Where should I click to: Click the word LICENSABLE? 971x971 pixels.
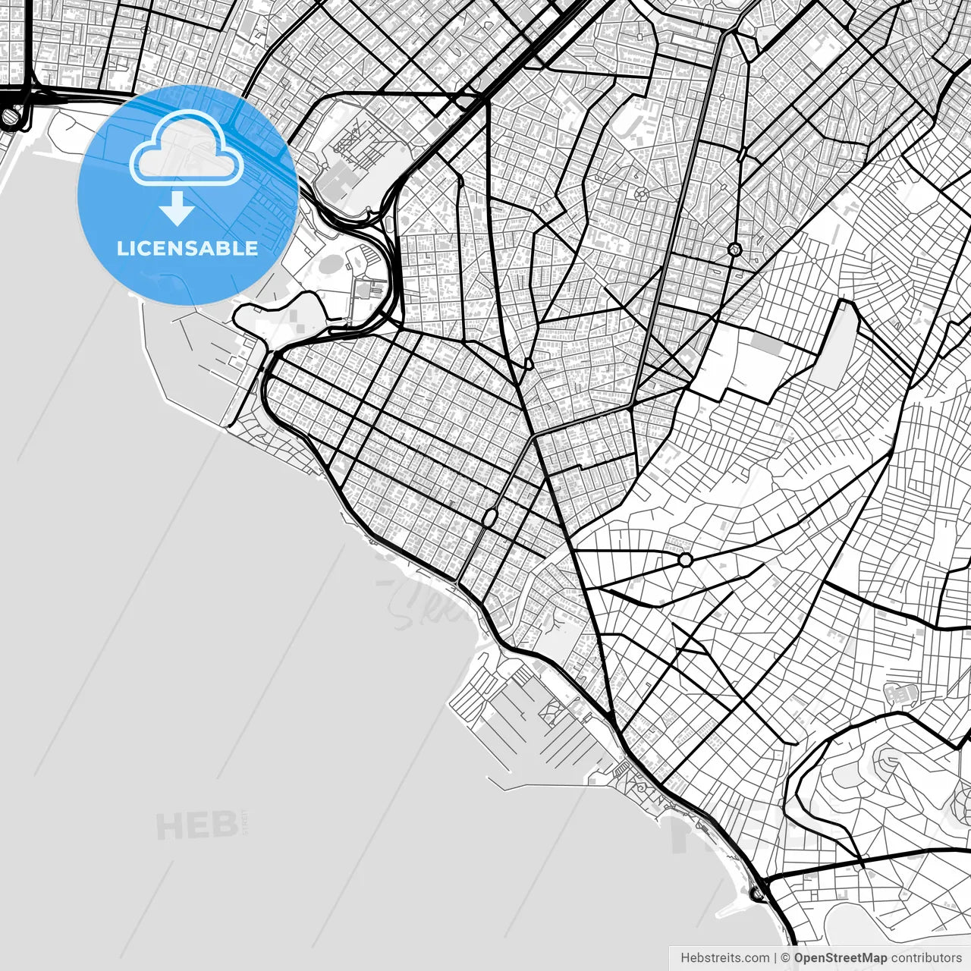(187, 248)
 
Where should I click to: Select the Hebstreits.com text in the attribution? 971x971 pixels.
(724, 958)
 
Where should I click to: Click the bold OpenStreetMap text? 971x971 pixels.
(841, 958)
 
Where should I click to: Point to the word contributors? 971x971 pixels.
(926, 958)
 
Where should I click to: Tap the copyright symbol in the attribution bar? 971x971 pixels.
(785, 958)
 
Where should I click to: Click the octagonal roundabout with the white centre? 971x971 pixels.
(686, 560)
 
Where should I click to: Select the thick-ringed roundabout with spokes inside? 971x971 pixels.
(734, 249)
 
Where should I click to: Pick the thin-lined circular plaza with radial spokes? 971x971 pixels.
(641, 193)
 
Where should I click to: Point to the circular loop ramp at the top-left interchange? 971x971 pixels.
(11, 117)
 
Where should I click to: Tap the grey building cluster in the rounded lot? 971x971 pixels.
(901, 693)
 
